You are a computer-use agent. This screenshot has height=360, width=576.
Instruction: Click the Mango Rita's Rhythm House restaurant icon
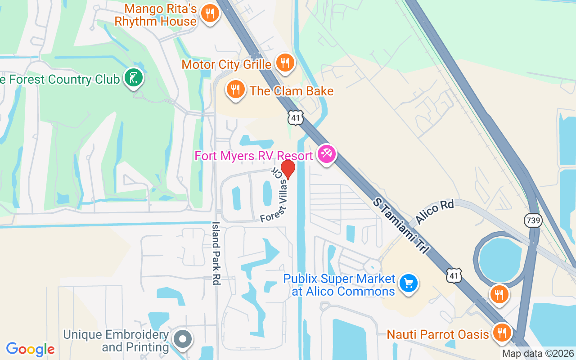click(209, 13)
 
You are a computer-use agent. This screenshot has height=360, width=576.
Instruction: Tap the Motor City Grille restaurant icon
click(284, 63)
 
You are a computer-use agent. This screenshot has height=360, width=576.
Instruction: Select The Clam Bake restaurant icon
click(235, 90)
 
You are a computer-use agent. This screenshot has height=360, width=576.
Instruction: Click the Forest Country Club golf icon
click(133, 78)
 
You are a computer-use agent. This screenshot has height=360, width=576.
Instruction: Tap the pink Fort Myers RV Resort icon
click(326, 154)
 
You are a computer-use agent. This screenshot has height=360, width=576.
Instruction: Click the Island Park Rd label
click(216, 253)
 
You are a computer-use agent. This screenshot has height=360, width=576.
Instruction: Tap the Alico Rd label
click(435, 212)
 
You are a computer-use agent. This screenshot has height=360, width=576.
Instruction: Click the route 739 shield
click(533, 220)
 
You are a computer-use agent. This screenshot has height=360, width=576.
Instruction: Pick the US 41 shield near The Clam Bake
click(296, 117)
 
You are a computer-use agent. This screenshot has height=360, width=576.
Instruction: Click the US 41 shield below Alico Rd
click(454, 275)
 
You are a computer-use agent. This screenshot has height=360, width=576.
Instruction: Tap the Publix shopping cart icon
click(409, 283)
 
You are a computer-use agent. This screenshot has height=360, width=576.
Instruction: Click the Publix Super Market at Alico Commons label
click(339, 285)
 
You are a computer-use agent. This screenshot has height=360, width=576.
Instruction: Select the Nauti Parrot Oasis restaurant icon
click(500, 333)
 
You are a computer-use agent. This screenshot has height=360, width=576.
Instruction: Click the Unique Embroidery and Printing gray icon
click(182, 339)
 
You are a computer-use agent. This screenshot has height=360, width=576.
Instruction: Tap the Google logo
click(30, 349)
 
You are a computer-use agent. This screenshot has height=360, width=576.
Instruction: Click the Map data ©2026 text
click(538, 354)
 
